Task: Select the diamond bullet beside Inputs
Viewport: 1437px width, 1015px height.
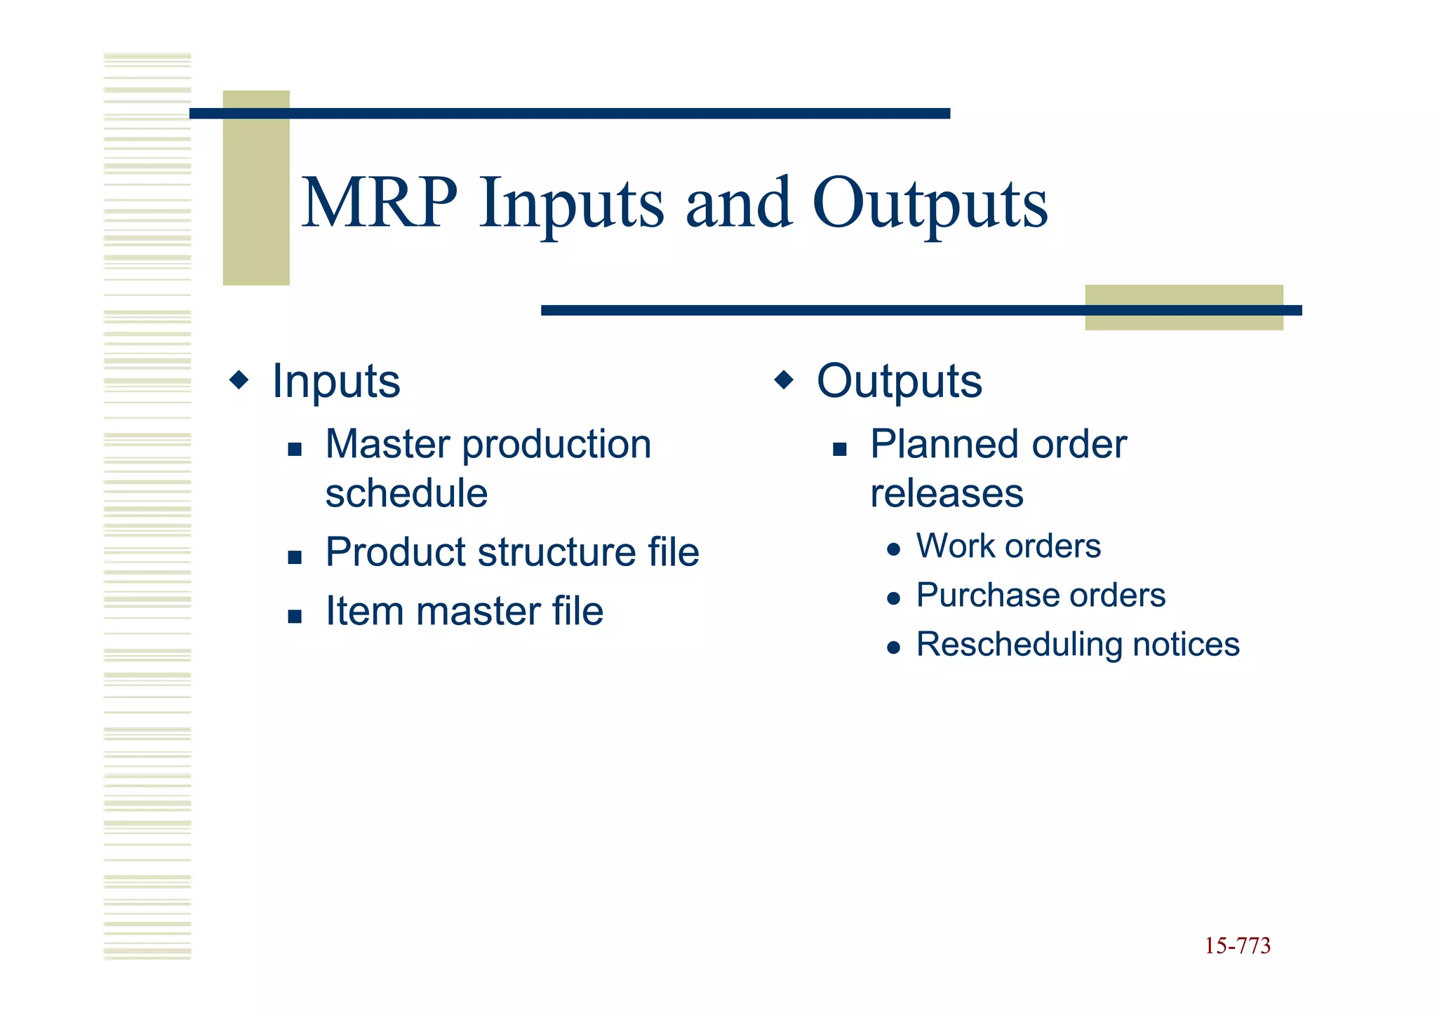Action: tap(239, 380)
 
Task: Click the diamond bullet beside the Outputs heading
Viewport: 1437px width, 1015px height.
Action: tap(784, 380)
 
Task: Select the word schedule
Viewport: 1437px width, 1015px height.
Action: tap(406, 493)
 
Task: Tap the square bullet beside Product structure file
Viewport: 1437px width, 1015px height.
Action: tap(295, 558)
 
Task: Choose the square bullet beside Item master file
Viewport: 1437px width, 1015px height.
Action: tap(295, 617)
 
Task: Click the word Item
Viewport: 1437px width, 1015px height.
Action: tap(364, 611)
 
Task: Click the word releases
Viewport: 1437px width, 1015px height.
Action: tap(947, 493)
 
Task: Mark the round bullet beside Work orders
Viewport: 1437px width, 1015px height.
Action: tap(893, 549)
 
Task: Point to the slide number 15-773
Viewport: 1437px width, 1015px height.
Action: tap(1237, 946)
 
